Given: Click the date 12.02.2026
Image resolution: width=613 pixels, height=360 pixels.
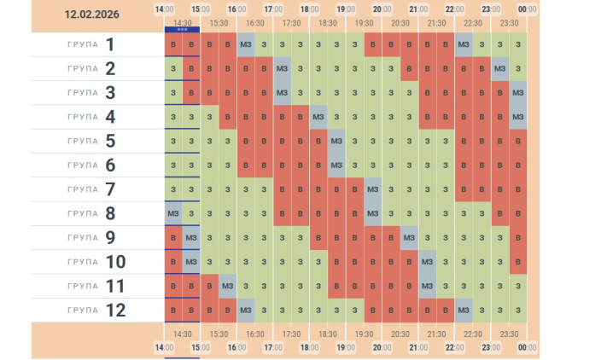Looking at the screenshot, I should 92,15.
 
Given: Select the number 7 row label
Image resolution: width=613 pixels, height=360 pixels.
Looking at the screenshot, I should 110,189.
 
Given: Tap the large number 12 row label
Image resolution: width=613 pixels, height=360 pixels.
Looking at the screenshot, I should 115,310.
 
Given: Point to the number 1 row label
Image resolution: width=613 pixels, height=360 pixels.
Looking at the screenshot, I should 110,44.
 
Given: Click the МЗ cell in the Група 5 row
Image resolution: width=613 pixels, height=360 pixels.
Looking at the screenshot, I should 336,141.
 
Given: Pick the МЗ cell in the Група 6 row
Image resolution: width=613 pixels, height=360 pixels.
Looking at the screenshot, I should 336,165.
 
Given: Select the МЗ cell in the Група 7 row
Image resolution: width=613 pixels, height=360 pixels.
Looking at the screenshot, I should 372,189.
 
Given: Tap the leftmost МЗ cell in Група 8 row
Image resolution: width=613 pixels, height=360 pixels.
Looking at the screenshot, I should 173,213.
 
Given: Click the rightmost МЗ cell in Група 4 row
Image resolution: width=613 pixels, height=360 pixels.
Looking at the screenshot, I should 517,117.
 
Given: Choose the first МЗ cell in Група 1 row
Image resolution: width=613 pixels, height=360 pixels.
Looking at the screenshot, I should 246,44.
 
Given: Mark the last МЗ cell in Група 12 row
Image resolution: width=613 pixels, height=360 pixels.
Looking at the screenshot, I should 464,310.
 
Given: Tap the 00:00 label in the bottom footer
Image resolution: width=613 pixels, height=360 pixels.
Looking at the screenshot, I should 527,347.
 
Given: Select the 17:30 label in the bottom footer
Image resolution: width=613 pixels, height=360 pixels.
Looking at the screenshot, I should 291,334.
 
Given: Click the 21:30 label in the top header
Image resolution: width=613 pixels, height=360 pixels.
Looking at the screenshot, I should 436,23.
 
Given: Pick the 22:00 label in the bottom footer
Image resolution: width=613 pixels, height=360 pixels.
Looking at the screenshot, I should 454,347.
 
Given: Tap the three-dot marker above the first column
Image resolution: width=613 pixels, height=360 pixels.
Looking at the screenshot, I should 182,29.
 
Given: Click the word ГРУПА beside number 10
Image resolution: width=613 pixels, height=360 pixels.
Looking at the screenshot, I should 82,262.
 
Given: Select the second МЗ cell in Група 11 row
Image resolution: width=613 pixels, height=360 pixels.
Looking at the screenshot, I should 427,286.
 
